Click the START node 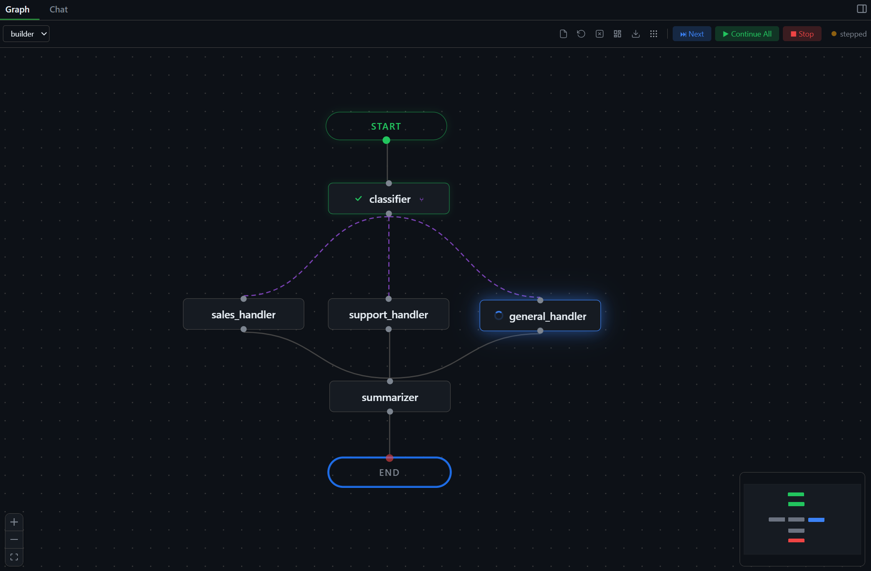(386, 126)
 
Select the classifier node (389, 199)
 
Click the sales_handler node (243, 315)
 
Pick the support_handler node (388, 315)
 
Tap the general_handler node (540, 316)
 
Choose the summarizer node (390, 397)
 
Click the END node (389, 473)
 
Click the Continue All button (747, 34)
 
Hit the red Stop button (802, 34)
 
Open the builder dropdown (26, 34)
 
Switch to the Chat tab (59, 10)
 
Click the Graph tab (17, 10)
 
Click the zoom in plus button (14, 522)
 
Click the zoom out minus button (14, 539)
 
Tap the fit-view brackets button (14, 557)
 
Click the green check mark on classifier (358, 199)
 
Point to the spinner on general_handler (498, 316)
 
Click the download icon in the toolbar (636, 34)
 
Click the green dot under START (386, 140)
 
